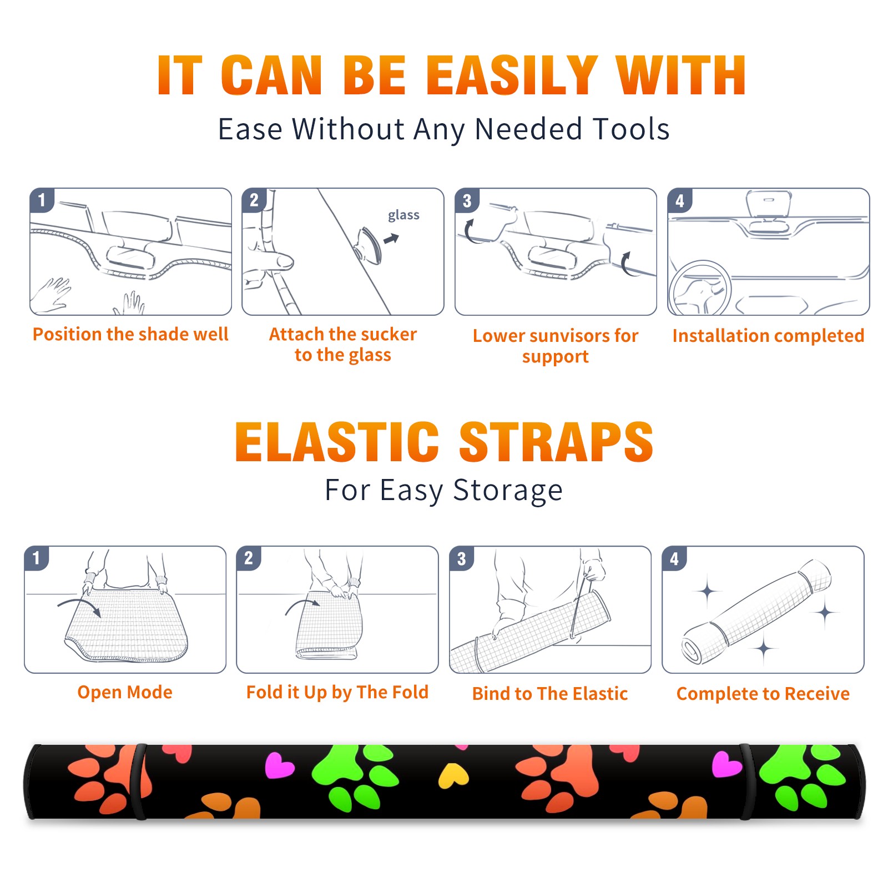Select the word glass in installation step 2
click(x=403, y=215)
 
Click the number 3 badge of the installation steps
click(x=467, y=200)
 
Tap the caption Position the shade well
click(x=130, y=334)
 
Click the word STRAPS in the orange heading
click(x=556, y=442)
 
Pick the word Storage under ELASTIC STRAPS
click(x=508, y=491)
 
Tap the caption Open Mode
click(x=125, y=692)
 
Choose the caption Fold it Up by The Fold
click(x=337, y=693)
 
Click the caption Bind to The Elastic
click(x=550, y=694)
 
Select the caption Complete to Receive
click(x=763, y=694)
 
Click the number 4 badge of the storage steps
click(x=674, y=558)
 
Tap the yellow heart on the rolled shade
click(x=453, y=775)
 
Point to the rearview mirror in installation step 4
click(x=769, y=204)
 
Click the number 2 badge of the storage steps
click(x=249, y=558)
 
